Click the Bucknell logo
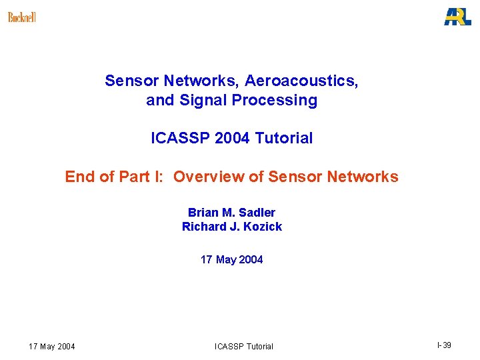(x=22, y=17)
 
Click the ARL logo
(x=457, y=16)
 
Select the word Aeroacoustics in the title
(x=301, y=81)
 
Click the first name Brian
(x=202, y=213)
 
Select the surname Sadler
(x=257, y=213)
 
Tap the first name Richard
(x=203, y=227)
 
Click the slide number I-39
(x=444, y=345)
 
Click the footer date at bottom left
(x=52, y=346)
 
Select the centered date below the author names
(x=231, y=259)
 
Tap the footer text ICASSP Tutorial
(x=243, y=346)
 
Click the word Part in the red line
(x=133, y=177)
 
